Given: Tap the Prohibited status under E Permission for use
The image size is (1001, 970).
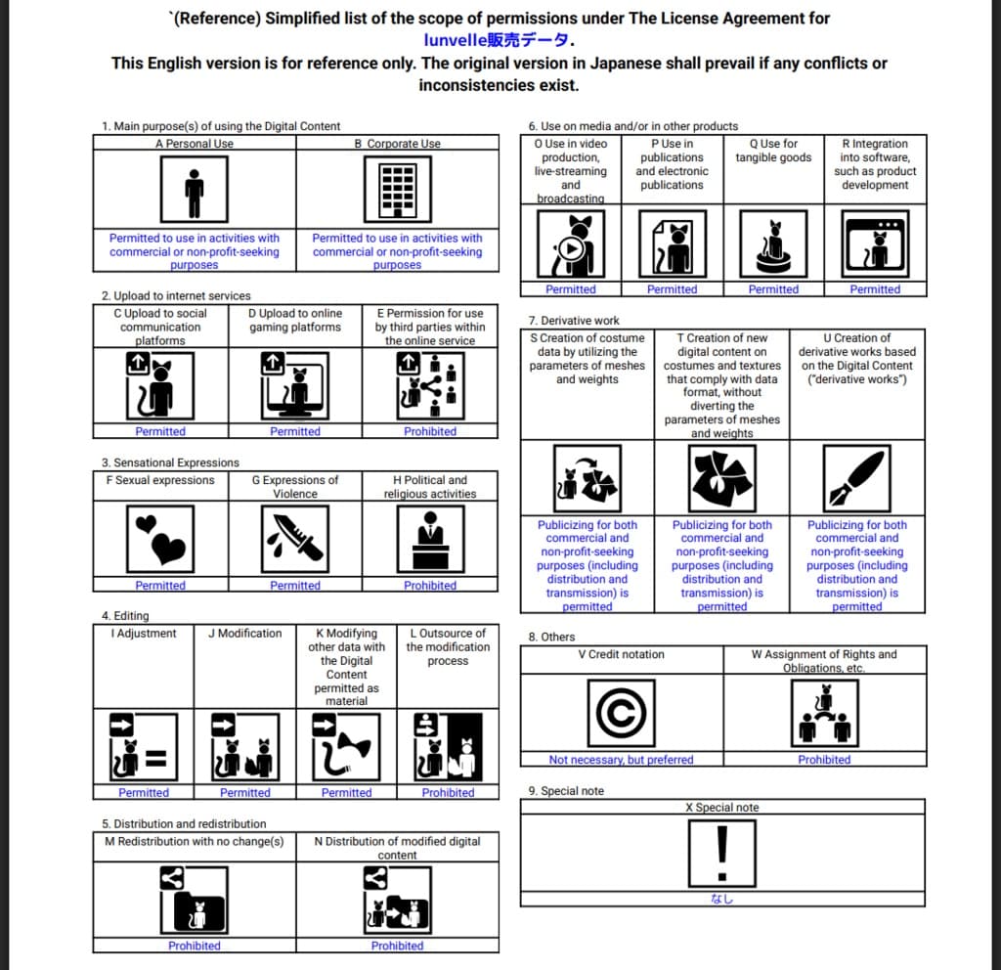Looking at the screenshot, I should pos(430,431).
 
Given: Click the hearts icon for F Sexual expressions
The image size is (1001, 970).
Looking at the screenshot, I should pos(160,539).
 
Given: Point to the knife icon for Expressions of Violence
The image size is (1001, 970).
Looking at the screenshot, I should pos(294,539).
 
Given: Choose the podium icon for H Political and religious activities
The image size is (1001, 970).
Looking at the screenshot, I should pos(430,539).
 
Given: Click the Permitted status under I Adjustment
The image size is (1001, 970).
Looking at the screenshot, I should pos(144,793).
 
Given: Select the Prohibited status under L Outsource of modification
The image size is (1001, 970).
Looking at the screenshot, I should pos(448,793).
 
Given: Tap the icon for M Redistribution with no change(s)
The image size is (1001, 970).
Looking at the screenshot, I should pos(195,899).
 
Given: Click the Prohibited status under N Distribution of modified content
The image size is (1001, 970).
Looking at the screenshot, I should pos(397,947).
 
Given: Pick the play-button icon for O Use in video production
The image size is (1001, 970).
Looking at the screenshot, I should pos(571,244).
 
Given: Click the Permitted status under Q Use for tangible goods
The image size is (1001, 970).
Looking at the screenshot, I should pos(773,289).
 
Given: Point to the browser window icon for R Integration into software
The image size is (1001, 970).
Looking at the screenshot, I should pos(875,244).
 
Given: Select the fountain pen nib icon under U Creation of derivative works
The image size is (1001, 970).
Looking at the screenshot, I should pos(856,477).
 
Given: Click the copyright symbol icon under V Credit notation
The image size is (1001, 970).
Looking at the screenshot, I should pos(622,713).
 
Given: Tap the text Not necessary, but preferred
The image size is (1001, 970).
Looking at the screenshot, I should pos(622,760).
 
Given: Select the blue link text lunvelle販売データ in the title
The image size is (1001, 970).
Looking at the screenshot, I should pos(499,40).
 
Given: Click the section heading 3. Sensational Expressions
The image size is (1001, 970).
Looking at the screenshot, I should pos(170,463).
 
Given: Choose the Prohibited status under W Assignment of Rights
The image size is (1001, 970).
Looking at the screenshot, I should pos(824,760).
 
